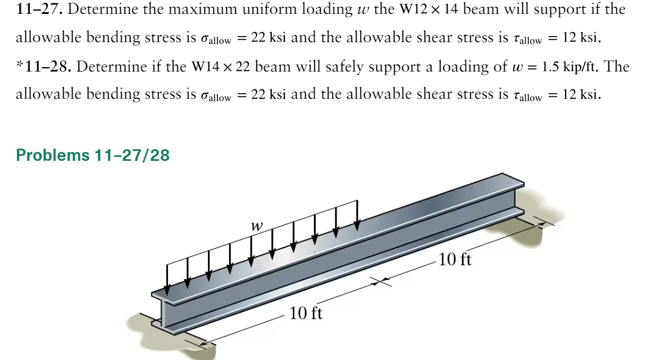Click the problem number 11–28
[47, 67]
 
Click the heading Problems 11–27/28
[93, 155]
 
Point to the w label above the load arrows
[256, 226]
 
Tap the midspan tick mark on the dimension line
[382, 282]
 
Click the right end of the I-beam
[517, 197]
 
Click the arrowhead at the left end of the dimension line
[204, 346]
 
